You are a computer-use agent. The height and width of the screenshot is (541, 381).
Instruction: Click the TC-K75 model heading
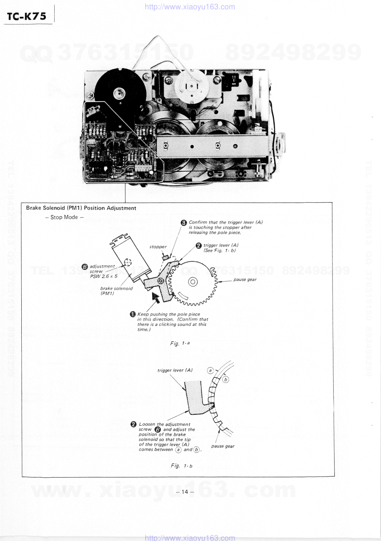26,16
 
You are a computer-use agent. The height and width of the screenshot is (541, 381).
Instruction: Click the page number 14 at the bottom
184,492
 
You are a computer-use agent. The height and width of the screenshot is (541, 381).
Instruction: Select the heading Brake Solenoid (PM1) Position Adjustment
81,208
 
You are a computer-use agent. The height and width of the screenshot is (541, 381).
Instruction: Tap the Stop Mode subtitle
64,217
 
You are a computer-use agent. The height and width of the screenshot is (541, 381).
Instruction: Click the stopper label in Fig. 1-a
158,247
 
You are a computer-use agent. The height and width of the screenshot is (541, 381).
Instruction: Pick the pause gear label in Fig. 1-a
245,280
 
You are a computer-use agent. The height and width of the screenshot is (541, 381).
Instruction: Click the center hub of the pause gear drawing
193,282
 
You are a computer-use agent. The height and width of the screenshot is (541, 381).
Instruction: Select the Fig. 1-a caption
180,343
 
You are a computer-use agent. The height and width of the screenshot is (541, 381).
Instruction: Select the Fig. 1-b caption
181,466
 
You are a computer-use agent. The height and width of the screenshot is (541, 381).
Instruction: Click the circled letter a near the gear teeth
210,371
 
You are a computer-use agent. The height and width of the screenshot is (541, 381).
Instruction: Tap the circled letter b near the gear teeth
226,380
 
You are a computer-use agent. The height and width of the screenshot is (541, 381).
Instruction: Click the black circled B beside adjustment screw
84,267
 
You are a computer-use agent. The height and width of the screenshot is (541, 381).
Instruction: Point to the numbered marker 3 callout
184,223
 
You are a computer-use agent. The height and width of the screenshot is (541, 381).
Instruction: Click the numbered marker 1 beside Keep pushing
133,314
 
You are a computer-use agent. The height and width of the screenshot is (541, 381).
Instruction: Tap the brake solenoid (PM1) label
116,291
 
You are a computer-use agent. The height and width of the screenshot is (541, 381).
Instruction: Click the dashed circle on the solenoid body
128,262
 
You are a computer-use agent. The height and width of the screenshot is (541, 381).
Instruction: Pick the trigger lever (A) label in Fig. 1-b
175,370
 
